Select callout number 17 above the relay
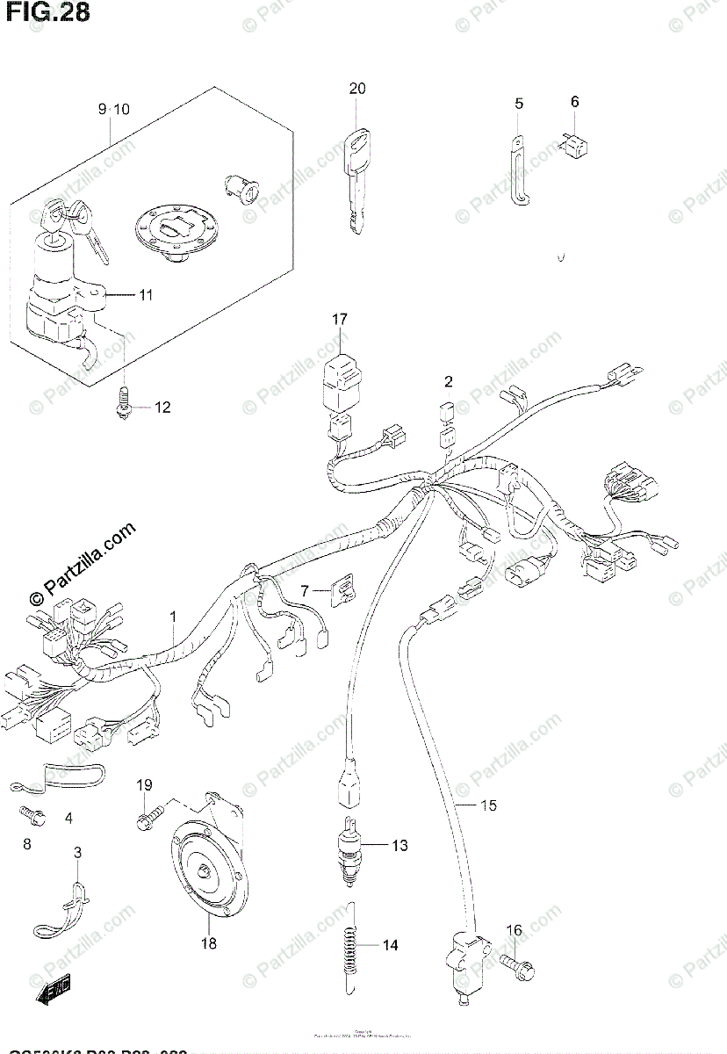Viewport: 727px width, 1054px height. (340, 320)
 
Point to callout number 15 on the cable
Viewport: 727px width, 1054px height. (488, 805)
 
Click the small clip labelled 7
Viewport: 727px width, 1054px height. (342, 592)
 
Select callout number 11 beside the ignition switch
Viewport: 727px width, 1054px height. (145, 295)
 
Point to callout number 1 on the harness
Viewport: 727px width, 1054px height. (173, 617)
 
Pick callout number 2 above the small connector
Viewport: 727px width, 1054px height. (448, 381)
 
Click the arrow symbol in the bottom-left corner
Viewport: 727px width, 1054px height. (53, 992)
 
